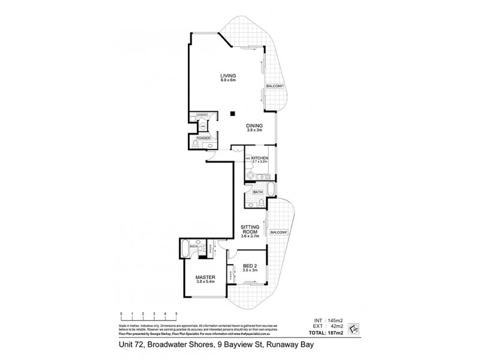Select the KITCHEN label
pos(260,158)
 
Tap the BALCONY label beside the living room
pos(275,86)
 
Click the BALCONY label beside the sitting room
pos(280,232)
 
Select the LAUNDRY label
pos(200,115)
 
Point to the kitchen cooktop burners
pos(251,178)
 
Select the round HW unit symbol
pos(203,126)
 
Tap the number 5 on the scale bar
pos(176,314)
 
